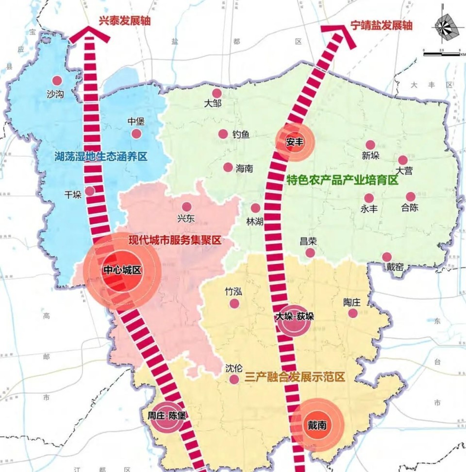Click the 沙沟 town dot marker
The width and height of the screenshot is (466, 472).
[57, 81]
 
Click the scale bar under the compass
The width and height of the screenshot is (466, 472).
[441, 54]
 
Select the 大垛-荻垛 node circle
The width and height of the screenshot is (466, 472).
[294, 320]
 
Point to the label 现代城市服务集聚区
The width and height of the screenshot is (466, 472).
[174, 240]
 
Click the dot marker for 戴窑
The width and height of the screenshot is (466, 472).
[386, 257]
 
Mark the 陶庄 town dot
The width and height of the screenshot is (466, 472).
[353, 313]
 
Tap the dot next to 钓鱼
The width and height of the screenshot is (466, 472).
[223, 134]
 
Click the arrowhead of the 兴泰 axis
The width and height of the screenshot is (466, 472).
[90, 34]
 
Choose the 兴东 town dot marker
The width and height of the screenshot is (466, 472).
[186, 207]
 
